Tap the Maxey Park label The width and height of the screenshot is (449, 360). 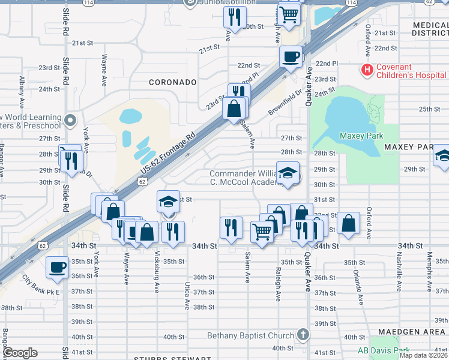pos(361,136)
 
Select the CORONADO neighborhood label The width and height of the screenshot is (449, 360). pos(173,82)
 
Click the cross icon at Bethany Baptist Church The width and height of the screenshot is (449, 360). pos(303,335)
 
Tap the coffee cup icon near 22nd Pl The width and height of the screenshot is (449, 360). pos(291,57)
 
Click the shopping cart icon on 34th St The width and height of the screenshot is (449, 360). pos(262,230)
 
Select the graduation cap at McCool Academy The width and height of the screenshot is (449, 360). pos(288,173)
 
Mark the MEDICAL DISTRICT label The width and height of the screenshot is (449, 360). pos(430,28)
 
